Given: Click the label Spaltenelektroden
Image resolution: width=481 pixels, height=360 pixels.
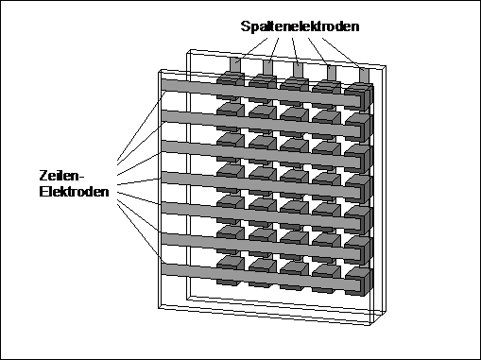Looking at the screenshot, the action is [300, 26].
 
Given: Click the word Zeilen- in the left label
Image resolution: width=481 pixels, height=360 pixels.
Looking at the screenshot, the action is [62, 176].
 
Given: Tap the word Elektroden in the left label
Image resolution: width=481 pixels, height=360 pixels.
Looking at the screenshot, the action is [74, 192].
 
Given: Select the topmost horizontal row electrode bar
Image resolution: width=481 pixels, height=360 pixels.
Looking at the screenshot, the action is [261, 93].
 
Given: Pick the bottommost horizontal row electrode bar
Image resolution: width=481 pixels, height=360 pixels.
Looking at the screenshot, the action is [261, 278].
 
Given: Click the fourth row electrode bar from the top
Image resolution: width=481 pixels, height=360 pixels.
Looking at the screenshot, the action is [261, 185].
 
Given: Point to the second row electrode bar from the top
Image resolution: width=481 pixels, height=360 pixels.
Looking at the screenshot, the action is [261, 124].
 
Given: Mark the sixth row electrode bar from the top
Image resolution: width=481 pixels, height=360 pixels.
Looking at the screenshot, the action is [261, 248].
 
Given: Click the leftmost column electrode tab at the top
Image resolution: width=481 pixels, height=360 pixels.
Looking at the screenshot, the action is [235, 65].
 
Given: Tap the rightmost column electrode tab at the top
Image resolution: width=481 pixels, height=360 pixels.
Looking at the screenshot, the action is [364, 75].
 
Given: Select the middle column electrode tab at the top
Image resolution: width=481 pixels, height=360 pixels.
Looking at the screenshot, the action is [298, 70].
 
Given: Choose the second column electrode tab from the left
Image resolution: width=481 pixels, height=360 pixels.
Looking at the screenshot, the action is [267, 67].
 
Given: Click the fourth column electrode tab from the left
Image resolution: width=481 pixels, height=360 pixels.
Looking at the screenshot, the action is [332, 73].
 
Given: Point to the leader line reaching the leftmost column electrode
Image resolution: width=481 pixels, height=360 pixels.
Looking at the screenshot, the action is [251, 50].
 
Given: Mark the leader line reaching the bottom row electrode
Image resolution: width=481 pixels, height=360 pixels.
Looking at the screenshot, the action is [141, 233].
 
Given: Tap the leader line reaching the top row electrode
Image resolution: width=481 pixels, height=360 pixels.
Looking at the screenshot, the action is [142, 126].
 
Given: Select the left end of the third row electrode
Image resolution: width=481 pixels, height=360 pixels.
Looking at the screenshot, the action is [163, 146].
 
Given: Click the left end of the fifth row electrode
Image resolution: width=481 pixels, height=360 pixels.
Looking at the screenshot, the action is [163, 209].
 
